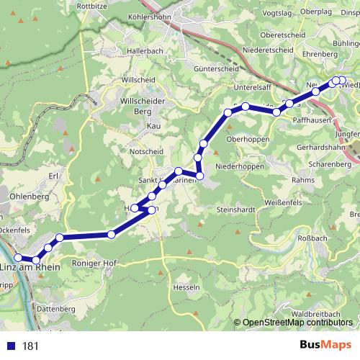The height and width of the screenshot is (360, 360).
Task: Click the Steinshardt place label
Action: (x=236, y=210)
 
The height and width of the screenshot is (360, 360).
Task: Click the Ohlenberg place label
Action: (x=28, y=196)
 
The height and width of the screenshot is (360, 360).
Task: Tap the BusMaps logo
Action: (x=325, y=346)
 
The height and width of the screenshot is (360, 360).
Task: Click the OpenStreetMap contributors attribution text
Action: (x=297, y=323)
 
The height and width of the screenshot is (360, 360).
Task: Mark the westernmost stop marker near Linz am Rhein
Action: (x=18, y=258)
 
